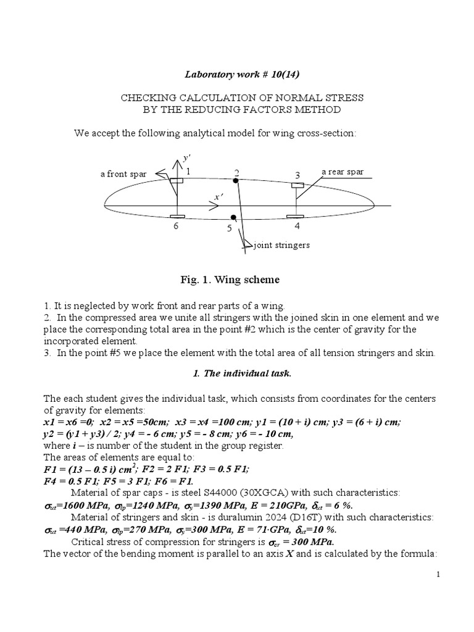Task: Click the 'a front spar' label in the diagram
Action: coord(123,174)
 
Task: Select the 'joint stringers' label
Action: coord(281,245)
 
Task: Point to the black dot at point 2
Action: coord(236,180)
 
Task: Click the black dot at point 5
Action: coord(233,217)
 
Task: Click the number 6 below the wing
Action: coord(177,227)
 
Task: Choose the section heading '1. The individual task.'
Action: coord(238,376)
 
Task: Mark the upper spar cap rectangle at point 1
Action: coord(177,180)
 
